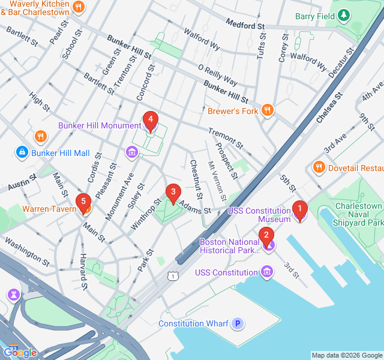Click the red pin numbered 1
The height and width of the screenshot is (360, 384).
[299, 210]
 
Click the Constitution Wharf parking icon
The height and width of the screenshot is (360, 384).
[238, 323]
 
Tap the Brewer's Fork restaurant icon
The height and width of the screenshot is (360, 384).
[268, 110]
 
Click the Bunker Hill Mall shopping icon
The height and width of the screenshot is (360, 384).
[22, 153]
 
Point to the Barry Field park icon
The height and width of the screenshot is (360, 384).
[344, 16]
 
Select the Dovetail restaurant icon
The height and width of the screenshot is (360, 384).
[318, 167]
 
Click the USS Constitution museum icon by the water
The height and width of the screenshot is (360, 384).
[267, 273]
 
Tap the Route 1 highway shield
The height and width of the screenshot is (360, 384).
[173, 276]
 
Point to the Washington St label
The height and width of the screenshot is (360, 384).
[27, 251]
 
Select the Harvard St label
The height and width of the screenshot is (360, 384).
[84, 274]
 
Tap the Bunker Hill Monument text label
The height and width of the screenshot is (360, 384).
[99, 125]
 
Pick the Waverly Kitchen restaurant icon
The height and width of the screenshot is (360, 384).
[78, 7]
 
